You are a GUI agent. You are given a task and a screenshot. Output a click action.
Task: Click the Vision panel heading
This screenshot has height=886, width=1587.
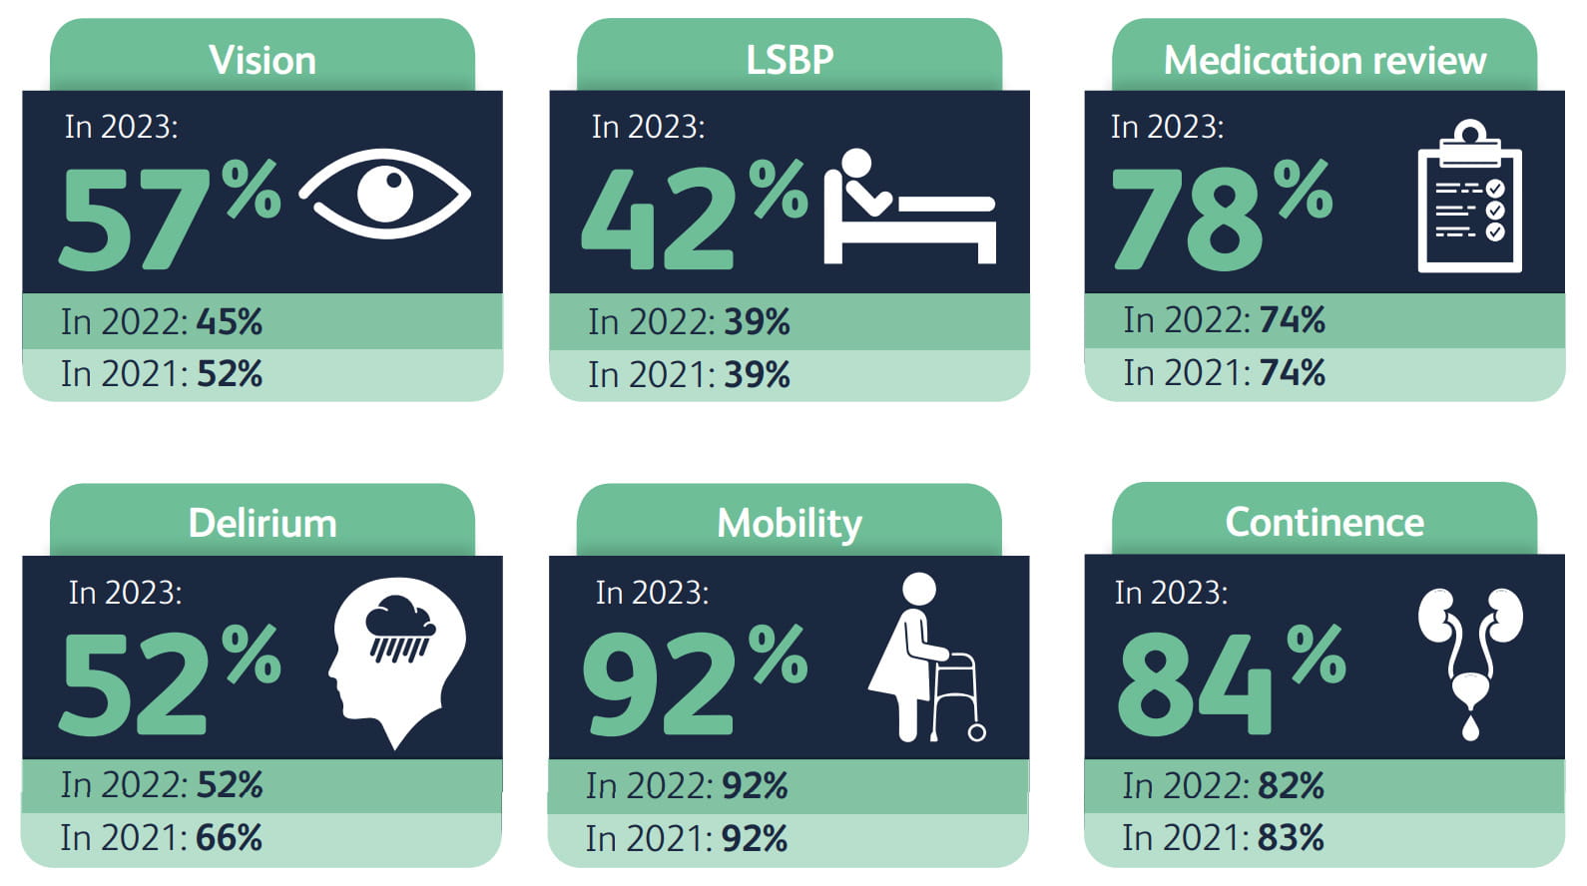(263, 60)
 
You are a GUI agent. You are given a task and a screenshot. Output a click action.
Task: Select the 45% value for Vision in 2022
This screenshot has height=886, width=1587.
(230, 322)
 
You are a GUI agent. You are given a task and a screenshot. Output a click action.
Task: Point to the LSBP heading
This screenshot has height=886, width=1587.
(790, 59)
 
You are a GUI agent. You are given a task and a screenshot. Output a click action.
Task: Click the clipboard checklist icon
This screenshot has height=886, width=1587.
(1469, 205)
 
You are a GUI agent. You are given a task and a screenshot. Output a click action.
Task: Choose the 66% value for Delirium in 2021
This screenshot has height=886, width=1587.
(230, 838)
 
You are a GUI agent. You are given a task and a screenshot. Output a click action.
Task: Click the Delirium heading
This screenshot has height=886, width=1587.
(263, 523)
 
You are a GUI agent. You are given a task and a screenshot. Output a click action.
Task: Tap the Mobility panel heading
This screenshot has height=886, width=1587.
(790, 523)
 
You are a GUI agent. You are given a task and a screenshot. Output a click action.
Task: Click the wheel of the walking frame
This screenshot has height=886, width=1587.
(977, 732)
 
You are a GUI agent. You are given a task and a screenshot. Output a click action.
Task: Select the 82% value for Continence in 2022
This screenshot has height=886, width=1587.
(1291, 786)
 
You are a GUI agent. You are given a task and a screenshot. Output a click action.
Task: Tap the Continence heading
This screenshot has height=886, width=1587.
(1324, 522)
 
